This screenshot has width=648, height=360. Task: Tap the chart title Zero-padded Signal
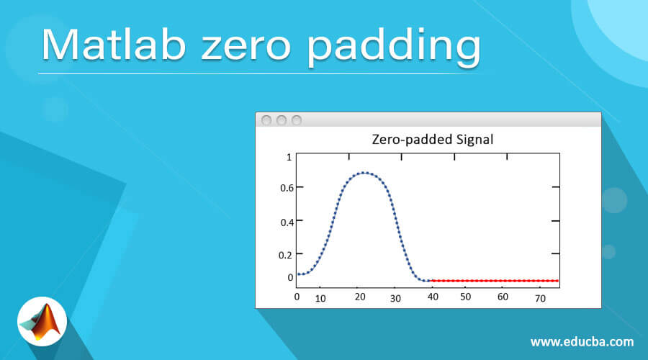pyautogui.click(x=432, y=140)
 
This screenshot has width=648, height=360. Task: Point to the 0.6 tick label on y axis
pyautogui.click(x=286, y=188)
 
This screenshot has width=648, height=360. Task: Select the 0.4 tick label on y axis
pyautogui.click(x=286, y=222)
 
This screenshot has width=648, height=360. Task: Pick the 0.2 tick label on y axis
pyautogui.click(x=286, y=254)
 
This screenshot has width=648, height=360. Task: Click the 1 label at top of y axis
pyautogui.click(x=289, y=157)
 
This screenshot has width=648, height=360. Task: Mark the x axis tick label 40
pyautogui.click(x=432, y=297)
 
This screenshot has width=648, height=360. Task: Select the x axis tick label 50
pyautogui.click(x=465, y=297)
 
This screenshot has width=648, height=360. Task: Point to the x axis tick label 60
pyautogui.click(x=503, y=297)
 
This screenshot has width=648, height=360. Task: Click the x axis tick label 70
pyautogui.click(x=540, y=297)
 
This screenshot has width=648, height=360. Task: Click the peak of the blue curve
pyautogui.click(x=365, y=173)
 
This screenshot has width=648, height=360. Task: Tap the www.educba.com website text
pyautogui.click(x=582, y=341)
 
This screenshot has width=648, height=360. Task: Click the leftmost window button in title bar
pyautogui.click(x=266, y=120)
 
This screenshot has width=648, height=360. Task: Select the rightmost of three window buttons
pyautogui.click(x=296, y=120)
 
